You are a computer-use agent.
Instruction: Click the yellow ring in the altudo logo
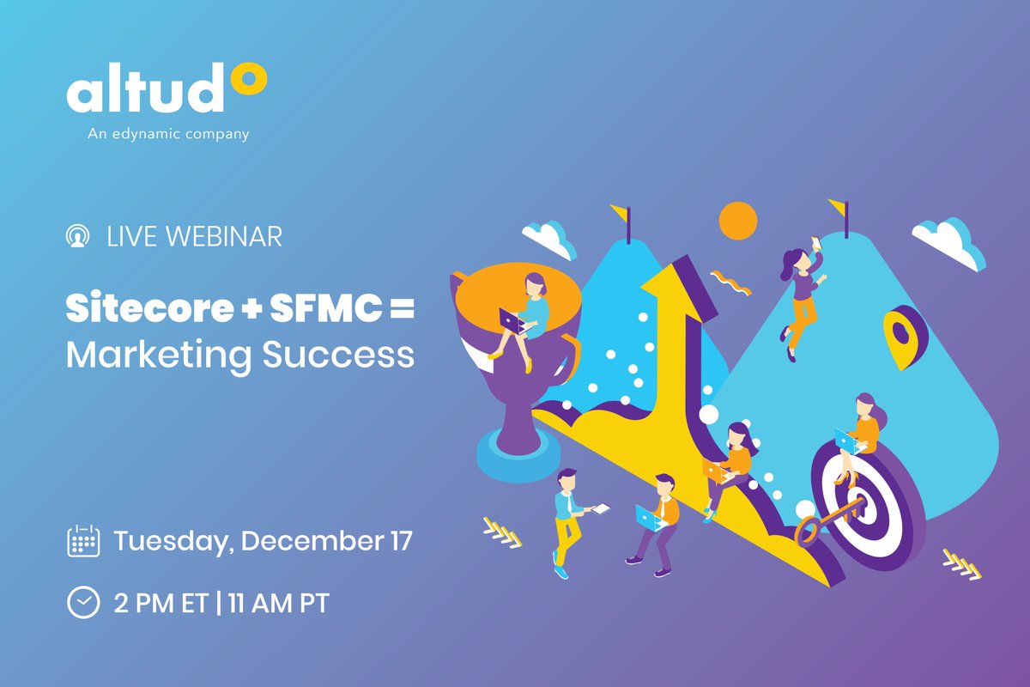248,81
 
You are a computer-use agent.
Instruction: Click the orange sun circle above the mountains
738,220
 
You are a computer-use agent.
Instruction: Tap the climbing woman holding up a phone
803,292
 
